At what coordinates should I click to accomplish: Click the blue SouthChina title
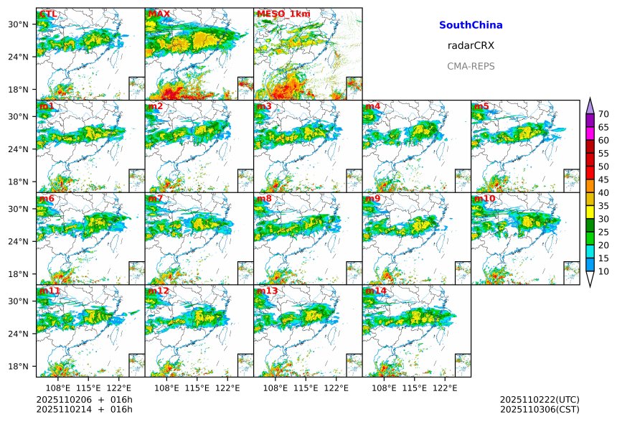471,25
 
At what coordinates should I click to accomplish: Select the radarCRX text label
471,45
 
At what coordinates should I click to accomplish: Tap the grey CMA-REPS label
471,66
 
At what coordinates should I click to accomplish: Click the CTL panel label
48,14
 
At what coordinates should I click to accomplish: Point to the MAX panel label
159,14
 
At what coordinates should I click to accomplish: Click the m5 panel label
481,107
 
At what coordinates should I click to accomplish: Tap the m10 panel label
484,199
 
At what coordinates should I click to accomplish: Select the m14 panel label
375,291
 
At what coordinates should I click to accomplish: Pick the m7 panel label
155,199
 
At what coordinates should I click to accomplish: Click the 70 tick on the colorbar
603,114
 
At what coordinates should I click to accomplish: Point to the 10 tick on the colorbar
603,271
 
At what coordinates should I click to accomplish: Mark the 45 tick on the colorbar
603,179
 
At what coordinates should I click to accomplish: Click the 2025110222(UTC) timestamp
540,399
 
